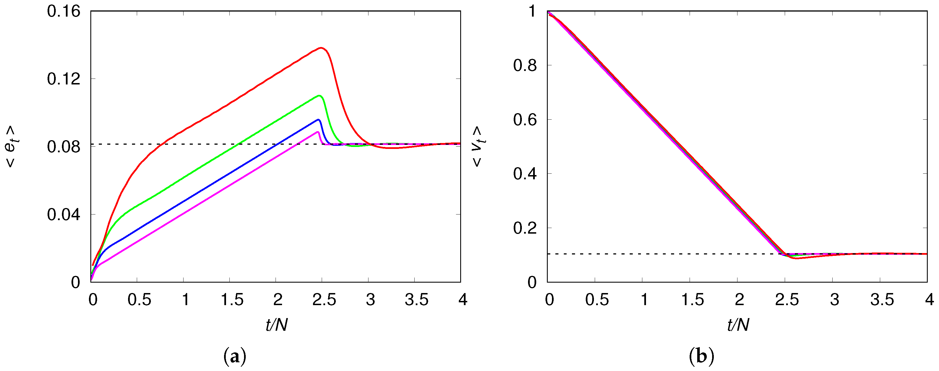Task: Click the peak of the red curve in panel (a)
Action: tap(321, 48)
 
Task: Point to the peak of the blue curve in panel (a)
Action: tap(319, 120)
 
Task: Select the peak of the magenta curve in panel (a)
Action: tap(318, 132)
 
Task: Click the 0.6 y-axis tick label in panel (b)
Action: tap(525, 120)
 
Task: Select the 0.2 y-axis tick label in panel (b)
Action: tap(525, 228)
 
